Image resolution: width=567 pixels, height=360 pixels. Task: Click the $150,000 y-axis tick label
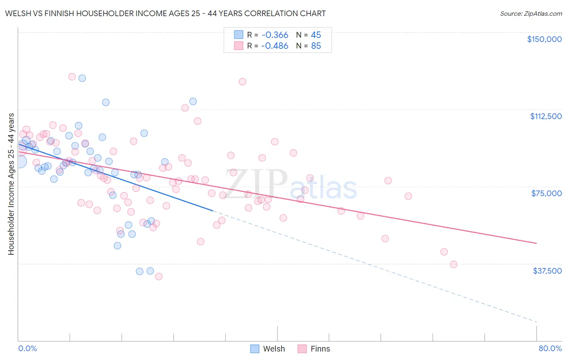544,39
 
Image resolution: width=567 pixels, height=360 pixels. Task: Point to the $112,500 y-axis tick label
546,116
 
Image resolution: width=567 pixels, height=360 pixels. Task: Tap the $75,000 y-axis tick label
546,193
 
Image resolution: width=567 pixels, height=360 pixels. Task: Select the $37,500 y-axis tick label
547,271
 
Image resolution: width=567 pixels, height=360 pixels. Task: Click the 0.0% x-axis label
27,348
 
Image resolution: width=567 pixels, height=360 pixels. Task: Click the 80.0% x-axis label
550,348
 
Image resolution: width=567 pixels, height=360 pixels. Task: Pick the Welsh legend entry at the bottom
268,349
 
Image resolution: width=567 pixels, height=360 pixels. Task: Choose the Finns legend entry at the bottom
314,349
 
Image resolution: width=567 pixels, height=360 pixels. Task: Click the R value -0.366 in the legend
275,35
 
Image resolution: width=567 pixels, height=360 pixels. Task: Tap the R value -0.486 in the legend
275,46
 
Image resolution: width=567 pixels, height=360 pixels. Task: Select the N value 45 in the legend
316,35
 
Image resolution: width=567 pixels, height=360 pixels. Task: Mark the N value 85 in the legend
316,46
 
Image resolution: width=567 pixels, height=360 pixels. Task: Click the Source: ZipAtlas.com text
531,14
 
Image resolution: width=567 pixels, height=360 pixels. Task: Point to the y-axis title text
11,184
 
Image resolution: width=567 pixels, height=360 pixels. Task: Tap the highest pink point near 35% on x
242,82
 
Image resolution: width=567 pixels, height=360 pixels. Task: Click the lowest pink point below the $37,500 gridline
159,276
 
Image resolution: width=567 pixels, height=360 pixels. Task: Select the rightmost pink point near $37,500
454,264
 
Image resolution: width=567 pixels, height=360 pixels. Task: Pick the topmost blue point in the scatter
82,78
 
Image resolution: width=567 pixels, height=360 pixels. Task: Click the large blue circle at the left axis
20,161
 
